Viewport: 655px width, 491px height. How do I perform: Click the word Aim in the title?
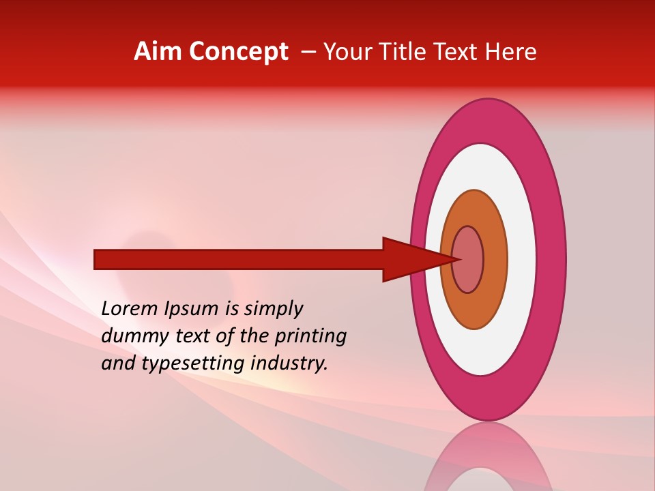[x=158, y=52]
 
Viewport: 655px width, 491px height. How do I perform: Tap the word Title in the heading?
[x=401, y=52]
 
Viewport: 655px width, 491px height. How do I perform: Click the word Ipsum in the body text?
[x=197, y=309]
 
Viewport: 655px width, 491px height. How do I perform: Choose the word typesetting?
[x=193, y=363]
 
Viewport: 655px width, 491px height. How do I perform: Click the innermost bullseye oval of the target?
[x=471, y=259]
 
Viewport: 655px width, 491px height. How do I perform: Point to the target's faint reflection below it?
[x=489, y=460]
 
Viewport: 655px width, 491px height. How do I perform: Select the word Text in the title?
[x=454, y=52]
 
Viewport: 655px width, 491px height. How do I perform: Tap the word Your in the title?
[x=348, y=52]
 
